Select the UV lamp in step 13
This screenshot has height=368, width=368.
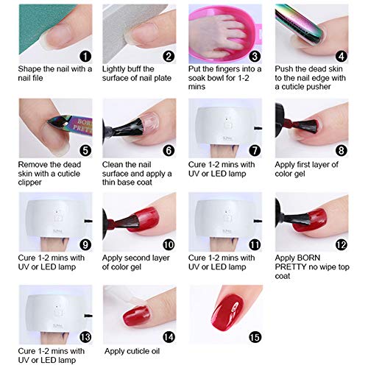point(50,309)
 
